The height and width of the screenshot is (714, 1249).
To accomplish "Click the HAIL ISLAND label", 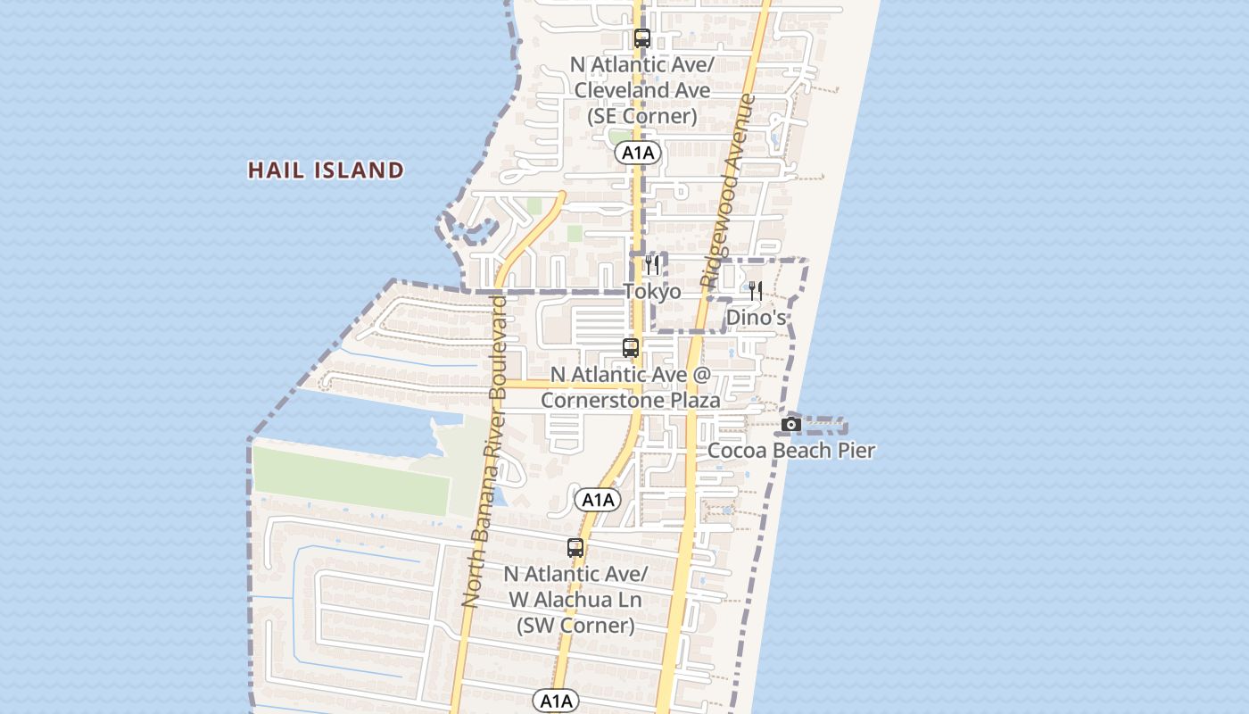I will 326,170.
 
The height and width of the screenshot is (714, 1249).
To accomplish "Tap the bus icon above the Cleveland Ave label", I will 641,38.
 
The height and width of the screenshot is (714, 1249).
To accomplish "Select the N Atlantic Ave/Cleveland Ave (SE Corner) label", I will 642,90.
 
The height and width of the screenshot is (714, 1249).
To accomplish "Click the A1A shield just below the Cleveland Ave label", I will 637,153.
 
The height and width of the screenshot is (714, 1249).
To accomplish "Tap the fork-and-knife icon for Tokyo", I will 652,265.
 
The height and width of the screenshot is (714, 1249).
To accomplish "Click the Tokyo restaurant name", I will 652,292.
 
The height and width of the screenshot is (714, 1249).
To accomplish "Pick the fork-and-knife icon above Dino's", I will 755,291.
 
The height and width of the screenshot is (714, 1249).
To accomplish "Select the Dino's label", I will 756,318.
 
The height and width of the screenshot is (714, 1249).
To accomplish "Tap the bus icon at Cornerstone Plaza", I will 631,348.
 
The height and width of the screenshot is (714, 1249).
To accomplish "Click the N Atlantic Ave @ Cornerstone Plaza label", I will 630,387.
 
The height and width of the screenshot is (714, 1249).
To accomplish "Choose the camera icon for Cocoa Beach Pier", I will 790,425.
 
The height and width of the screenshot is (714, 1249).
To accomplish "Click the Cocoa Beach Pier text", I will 791,451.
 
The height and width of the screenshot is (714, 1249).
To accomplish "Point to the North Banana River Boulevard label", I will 485,451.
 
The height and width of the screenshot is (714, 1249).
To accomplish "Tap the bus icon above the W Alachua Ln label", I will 575,548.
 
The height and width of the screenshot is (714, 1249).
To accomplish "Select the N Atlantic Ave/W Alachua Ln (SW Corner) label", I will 575,599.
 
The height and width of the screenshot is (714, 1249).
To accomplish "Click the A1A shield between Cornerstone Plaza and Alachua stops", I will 597,500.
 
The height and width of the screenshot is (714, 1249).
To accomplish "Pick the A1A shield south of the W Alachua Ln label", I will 556,701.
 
